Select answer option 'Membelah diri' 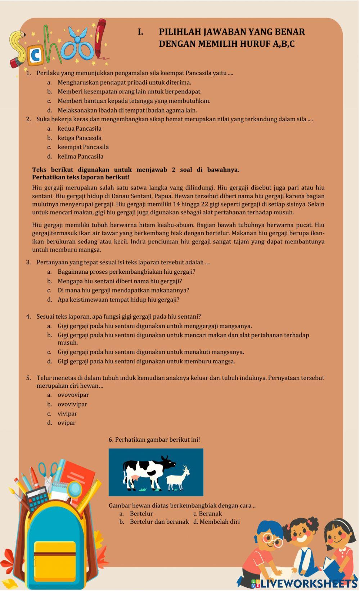(x=219, y=522)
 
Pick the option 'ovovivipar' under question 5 (x=72, y=404)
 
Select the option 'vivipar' (x=67, y=414)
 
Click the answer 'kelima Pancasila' (x=80, y=156)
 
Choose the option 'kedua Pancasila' (x=79, y=128)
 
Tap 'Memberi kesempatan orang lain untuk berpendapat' (x=129, y=92)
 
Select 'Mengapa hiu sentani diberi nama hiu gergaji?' (x=120, y=281)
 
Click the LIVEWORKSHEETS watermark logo (x=304, y=583)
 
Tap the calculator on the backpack (x=37, y=498)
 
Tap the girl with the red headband (x=338, y=547)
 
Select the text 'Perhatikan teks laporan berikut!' (x=81, y=177)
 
